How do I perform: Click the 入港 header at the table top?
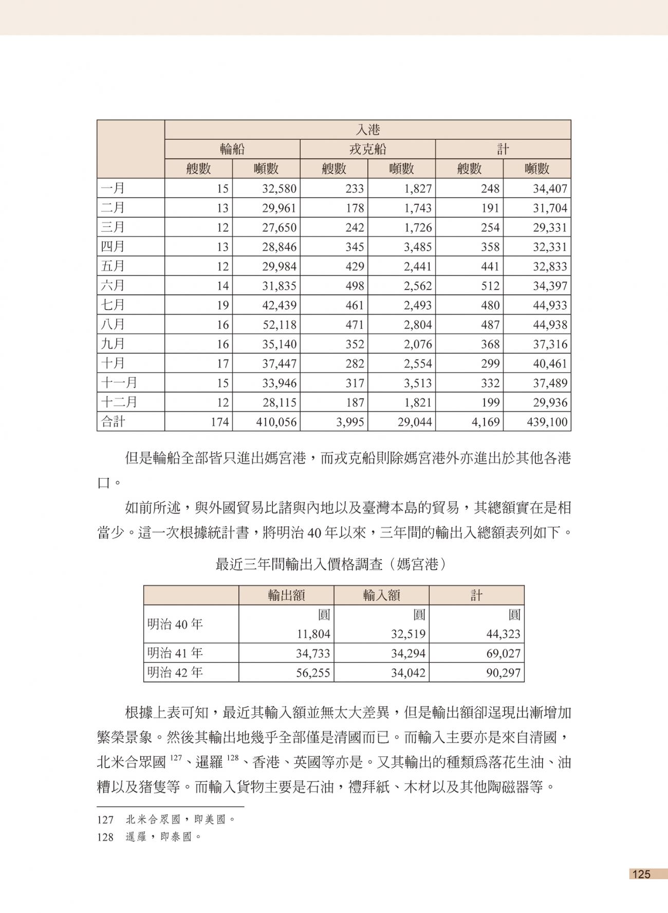tap(367, 129)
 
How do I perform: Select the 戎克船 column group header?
tap(367, 149)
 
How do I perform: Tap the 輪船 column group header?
tap(232, 149)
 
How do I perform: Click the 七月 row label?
tap(113, 305)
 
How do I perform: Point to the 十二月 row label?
tap(119, 402)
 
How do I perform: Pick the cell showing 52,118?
tap(279, 325)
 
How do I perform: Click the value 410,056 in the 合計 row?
tap(276, 422)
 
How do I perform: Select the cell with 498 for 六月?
tap(355, 286)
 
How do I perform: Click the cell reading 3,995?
tap(350, 422)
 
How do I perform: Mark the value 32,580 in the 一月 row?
tap(279, 188)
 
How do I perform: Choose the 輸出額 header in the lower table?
tap(286, 595)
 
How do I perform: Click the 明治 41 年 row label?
tap(175, 653)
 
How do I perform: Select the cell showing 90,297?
tap(503, 673)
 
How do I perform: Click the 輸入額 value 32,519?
tap(408, 634)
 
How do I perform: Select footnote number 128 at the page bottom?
tap(105, 837)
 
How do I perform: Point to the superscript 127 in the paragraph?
tap(176, 757)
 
